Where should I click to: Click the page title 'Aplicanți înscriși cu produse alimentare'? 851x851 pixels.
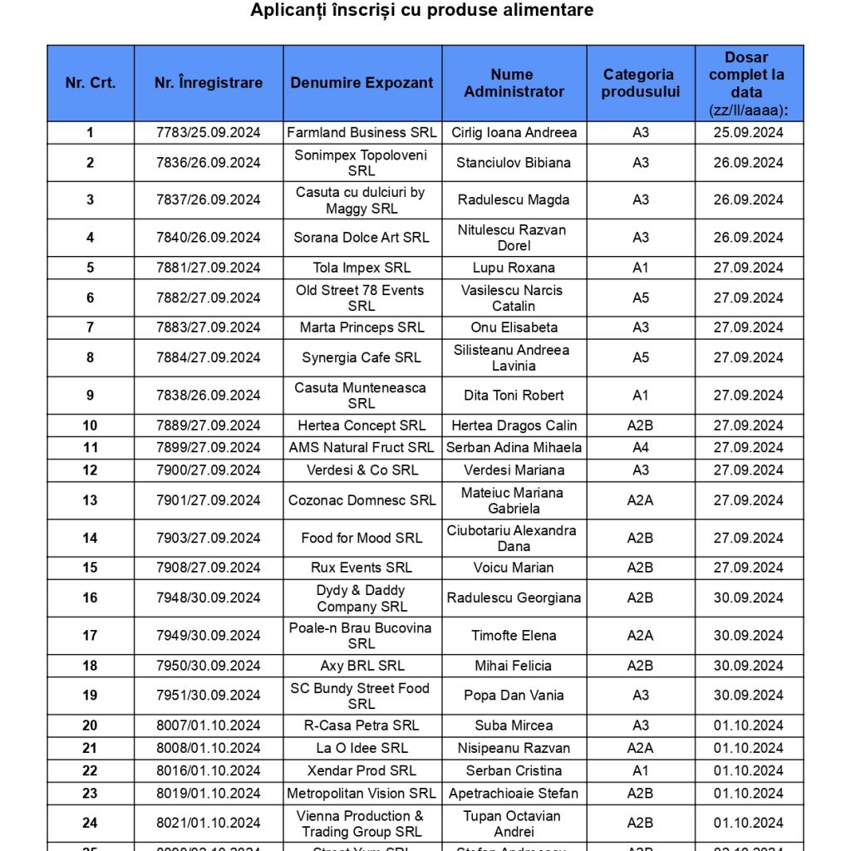click(x=422, y=11)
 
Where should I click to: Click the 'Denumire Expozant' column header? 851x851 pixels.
click(x=362, y=83)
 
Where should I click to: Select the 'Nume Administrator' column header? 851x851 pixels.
click(x=514, y=83)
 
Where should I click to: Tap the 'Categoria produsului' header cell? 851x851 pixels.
click(x=640, y=83)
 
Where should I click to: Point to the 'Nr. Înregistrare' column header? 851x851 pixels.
click(x=209, y=83)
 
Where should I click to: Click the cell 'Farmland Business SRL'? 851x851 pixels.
click(x=362, y=133)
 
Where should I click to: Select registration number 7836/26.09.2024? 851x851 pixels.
click(x=209, y=163)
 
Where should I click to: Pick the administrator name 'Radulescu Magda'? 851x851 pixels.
click(x=514, y=199)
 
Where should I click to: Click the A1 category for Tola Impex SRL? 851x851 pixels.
click(x=640, y=268)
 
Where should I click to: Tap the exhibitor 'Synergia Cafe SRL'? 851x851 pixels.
click(x=362, y=357)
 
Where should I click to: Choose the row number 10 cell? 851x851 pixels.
click(x=90, y=425)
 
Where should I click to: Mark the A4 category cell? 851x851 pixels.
click(x=640, y=448)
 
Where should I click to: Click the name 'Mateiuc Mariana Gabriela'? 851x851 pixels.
click(x=514, y=500)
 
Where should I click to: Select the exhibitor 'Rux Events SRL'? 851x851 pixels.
click(x=362, y=568)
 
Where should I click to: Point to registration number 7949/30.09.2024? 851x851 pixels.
click(x=209, y=636)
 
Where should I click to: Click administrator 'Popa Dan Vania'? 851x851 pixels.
click(x=514, y=696)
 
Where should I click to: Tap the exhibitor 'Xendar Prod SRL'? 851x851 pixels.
click(x=362, y=770)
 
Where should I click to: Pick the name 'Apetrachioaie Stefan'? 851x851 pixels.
click(x=514, y=793)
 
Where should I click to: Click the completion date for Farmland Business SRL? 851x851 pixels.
click(x=748, y=133)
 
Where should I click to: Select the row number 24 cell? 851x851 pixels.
click(x=90, y=823)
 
